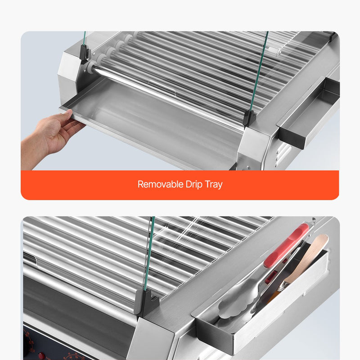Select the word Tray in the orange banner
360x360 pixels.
point(213,185)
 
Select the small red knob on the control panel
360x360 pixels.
point(41,355)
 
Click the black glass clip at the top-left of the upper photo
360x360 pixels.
point(84,54)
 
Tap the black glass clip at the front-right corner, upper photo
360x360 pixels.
point(250,118)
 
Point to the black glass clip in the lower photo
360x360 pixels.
point(148,301)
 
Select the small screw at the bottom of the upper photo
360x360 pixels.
point(248,168)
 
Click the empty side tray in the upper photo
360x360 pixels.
point(309,112)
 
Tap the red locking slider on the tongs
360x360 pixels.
point(271,276)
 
